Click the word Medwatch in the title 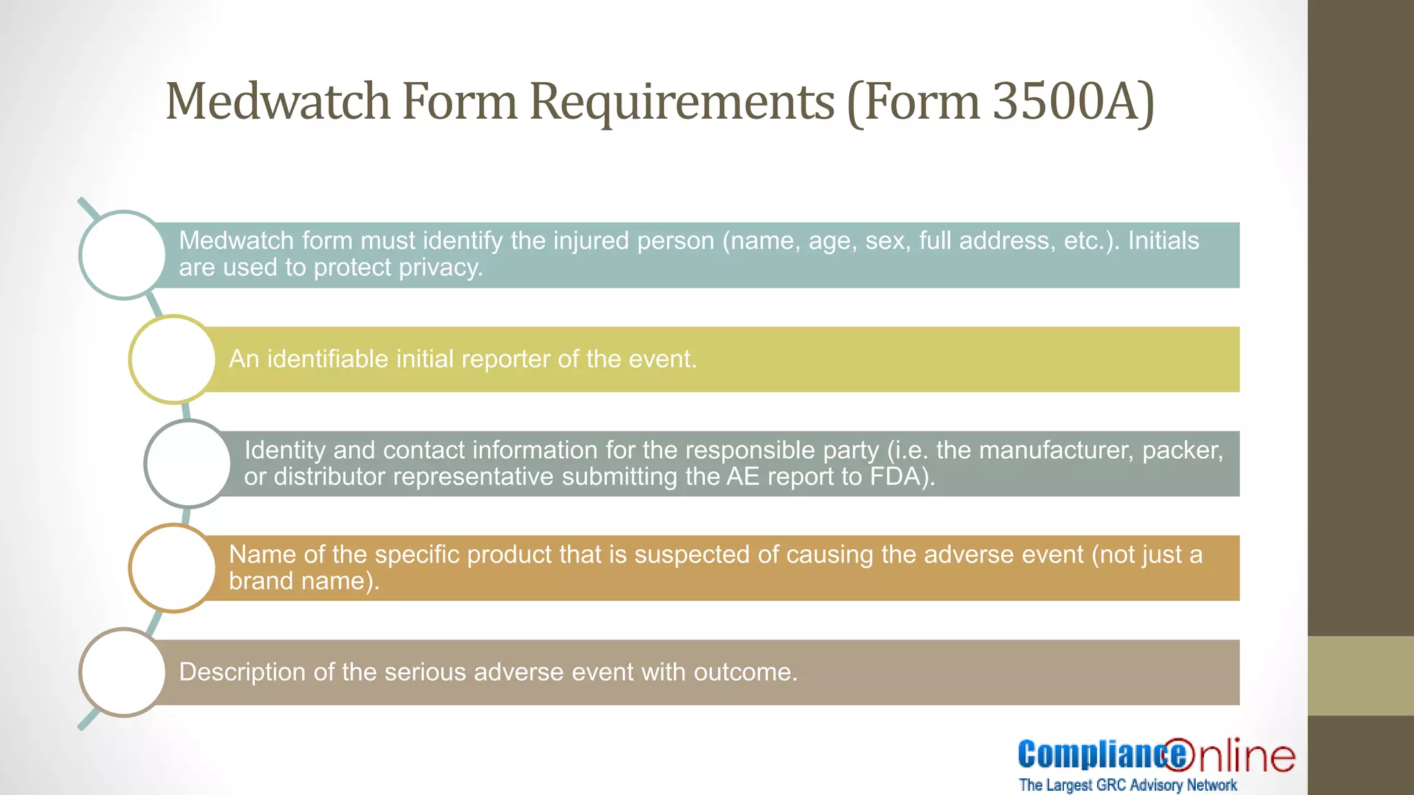[x=278, y=102]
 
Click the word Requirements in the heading [x=681, y=102]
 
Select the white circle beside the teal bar [x=123, y=255]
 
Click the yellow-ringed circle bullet [x=173, y=359]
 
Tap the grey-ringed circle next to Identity [x=188, y=464]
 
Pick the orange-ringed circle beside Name [x=173, y=568]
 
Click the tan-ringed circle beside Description [x=123, y=672]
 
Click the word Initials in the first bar [x=1163, y=241]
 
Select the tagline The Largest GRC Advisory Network [x=1127, y=785]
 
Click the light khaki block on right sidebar [x=1360, y=676]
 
